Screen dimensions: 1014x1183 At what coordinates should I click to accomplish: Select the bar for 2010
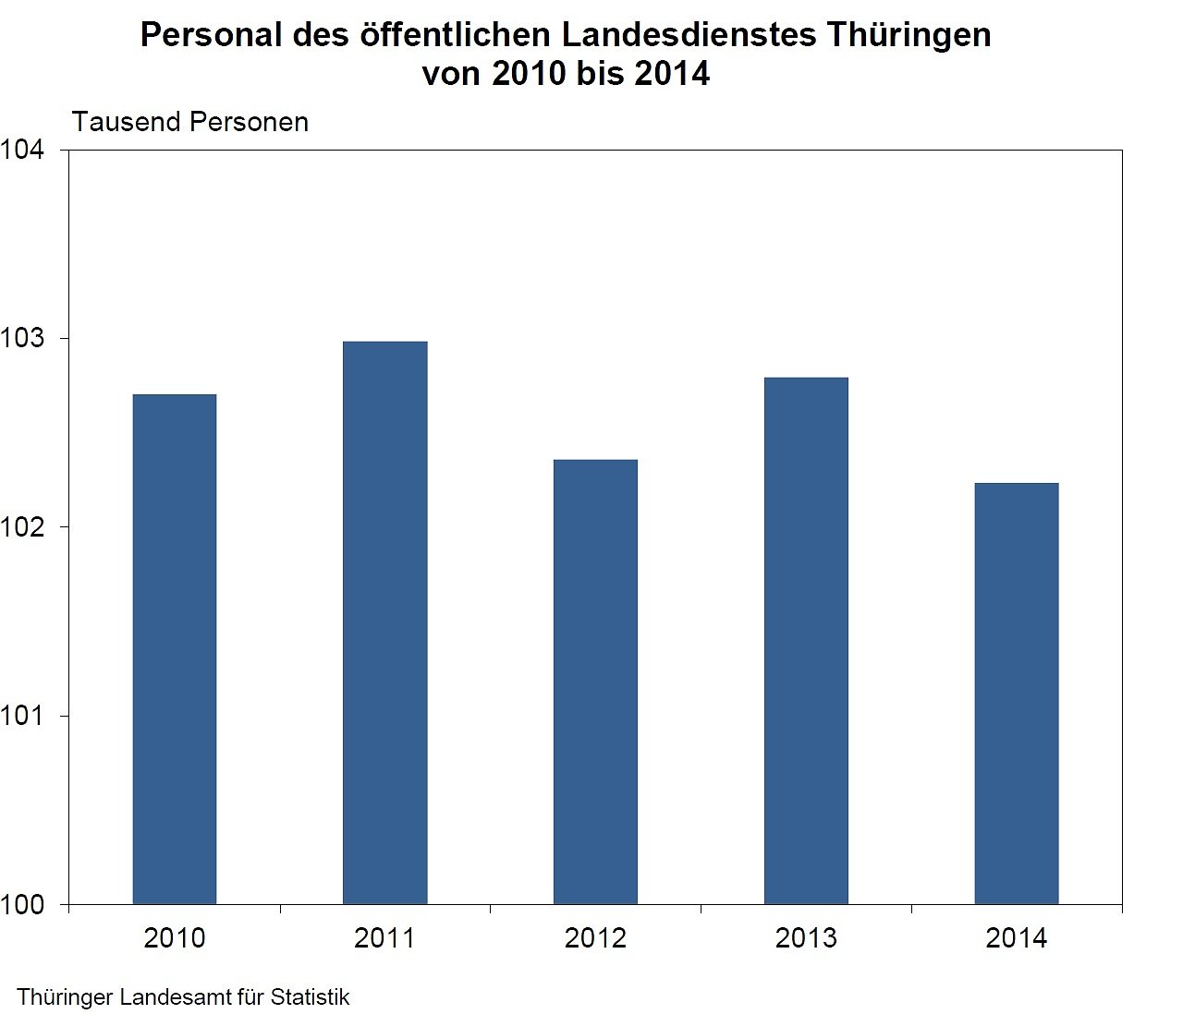click(175, 649)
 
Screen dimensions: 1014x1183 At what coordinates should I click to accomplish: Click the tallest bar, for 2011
click(385, 622)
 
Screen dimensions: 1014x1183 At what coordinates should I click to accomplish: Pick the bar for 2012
click(595, 682)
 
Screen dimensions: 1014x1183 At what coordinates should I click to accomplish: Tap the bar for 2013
click(806, 641)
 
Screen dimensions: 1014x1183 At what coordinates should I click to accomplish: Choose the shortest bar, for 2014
click(1017, 694)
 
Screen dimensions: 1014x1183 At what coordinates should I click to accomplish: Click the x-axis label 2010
click(175, 938)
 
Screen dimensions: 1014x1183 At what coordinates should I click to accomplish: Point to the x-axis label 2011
click(385, 938)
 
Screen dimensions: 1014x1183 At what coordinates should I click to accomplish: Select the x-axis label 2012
click(595, 938)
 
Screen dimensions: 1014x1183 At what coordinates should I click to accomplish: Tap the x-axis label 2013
click(806, 938)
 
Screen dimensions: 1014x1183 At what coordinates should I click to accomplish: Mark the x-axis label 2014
click(1017, 938)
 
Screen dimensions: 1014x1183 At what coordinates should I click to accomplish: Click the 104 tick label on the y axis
click(22, 150)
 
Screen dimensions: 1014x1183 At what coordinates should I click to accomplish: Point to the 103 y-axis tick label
click(22, 339)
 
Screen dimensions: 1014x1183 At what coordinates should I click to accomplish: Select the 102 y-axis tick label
click(22, 527)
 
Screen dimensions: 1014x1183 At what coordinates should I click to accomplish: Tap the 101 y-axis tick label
click(22, 716)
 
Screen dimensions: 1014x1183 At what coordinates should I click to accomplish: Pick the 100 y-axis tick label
click(22, 905)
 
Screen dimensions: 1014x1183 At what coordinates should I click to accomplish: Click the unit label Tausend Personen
click(190, 122)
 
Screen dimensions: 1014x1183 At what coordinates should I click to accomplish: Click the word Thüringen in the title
click(909, 35)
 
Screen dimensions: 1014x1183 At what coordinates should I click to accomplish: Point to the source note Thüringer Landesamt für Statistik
click(183, 997)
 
